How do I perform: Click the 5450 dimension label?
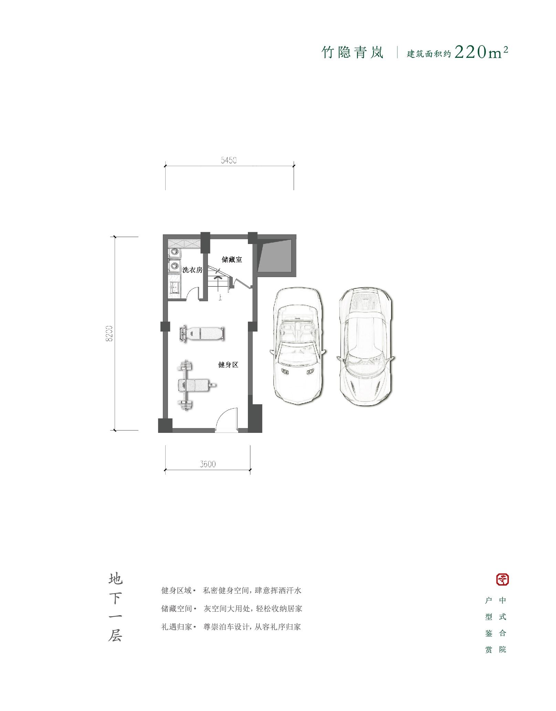pyautogui.click(x=229, y=160)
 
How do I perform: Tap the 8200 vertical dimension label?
pyautogui.click(x=109, y=333)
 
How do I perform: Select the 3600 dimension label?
pyautogui.click(x=208, y=464)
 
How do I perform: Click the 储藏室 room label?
pyautogui.click(x=232, y=260)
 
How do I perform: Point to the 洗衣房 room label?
pyautogui.click(x=192, y=270)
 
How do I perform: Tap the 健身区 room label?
pyautogui.click(x=228, y=365)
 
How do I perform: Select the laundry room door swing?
pyautogui.click(x=193, y=293)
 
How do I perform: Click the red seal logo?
pyautogui.click(x=502, y=579)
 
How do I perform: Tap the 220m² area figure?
pyautogui.click(x=481, y=52)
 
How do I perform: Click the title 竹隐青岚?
pyautogui.click(x=353, y=53)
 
